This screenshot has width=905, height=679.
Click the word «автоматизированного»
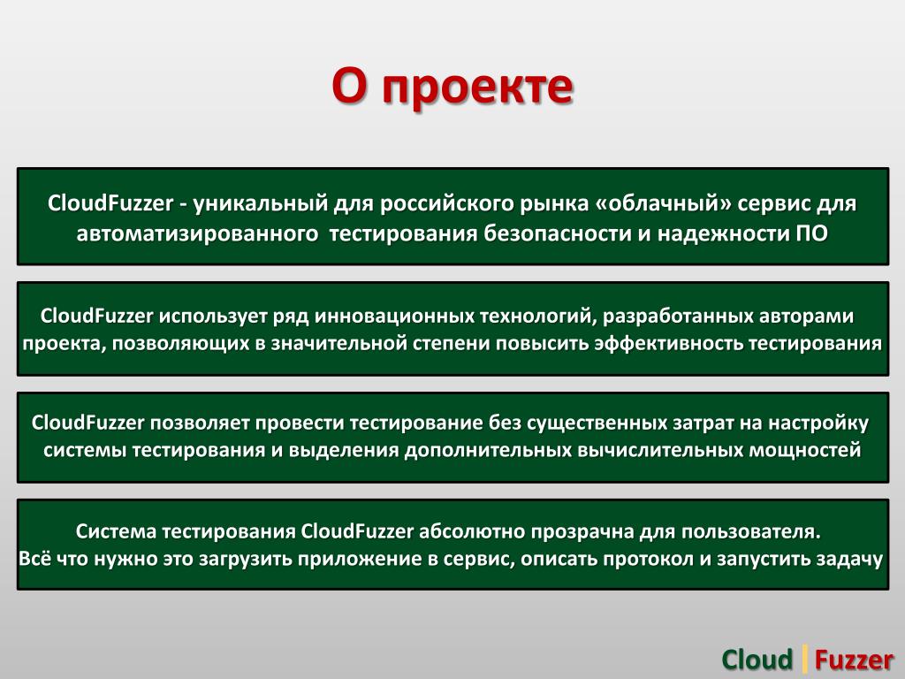[197, 233]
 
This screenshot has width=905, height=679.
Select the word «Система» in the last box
[116, 530]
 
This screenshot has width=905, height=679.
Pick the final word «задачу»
[849, 559]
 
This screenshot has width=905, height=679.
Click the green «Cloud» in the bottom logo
[757, 660]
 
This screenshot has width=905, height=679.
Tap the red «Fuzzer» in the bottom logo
[855, 660]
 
